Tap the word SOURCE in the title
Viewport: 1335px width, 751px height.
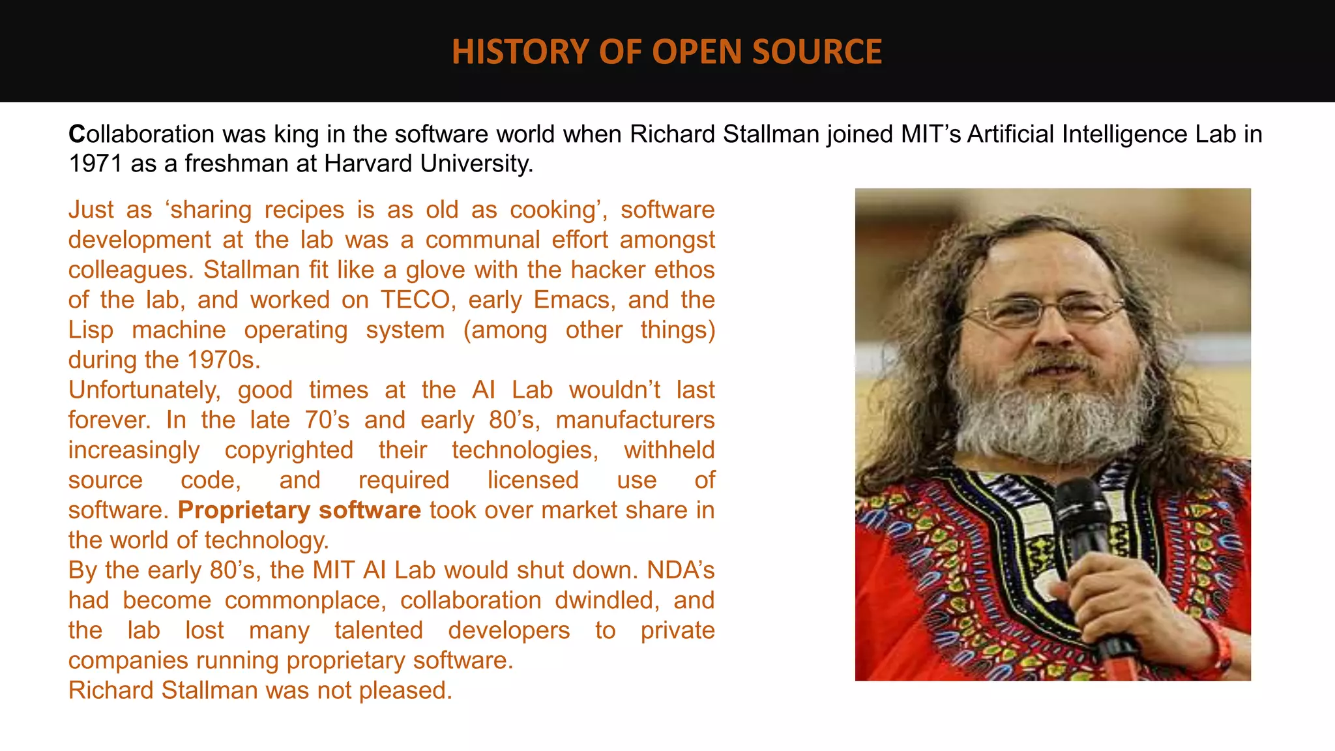817,52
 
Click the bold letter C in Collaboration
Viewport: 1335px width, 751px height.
77,134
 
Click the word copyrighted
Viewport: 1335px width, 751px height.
289,450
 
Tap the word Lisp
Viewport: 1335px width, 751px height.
91,330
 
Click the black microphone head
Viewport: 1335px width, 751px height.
1082,508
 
